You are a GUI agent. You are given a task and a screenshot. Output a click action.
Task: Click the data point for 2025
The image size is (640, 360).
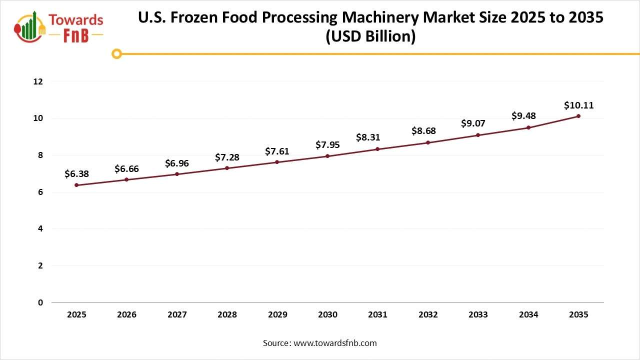click(x=76, y=185)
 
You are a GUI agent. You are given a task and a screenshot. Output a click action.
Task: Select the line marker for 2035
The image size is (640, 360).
click(x=578, y=116)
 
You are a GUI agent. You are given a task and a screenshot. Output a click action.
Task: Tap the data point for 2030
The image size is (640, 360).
click(x=327, y=156)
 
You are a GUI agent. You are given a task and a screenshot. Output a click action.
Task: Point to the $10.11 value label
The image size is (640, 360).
click(x=578, y=105)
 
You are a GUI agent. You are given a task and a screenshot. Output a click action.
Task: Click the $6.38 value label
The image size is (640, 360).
click(x=76, y=174)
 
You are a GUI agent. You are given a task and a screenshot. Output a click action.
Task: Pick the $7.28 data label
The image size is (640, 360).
click(x=227, y=157)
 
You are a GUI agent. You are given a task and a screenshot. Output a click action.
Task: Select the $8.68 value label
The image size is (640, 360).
click(x=423, y=131)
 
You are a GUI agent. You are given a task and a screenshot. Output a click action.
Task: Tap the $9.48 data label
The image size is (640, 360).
click(x=523, y=116)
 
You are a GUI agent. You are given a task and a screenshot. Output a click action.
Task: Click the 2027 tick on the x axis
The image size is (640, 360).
click(x=177, y=315)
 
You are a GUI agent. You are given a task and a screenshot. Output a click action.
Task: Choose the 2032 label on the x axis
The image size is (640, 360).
click(x=428, y=315)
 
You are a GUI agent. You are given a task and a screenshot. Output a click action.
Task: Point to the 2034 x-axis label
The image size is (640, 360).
click(x=528, y=315)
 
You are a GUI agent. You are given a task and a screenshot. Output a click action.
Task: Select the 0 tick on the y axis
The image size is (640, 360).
click(x=40, y=302)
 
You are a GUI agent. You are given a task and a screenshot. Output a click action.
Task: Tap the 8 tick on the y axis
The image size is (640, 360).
click(x=40, y=155)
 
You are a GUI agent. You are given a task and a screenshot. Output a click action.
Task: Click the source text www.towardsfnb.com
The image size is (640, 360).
click(x=335, y=343)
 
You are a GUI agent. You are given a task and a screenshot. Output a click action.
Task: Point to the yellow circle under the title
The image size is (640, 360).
click(x=116, y=53)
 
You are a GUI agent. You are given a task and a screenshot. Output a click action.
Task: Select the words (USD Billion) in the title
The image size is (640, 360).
click(x=370, y=36)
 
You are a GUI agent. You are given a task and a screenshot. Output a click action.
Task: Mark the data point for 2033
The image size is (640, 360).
click(x=478, y=135)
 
